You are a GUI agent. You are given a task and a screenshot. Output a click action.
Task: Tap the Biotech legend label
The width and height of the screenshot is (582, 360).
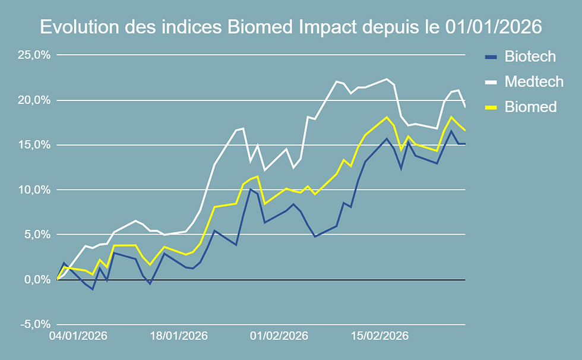pos(530,56)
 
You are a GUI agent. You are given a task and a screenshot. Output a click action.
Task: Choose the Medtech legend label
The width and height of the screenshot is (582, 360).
pos(533,81)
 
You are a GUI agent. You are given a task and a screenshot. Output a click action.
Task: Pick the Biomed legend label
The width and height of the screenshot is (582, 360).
pos(530,107)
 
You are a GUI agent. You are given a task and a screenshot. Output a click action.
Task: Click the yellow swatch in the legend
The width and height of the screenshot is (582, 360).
pos(491,107)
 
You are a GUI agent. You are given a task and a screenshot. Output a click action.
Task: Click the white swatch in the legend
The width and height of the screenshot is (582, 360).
pos(491,82)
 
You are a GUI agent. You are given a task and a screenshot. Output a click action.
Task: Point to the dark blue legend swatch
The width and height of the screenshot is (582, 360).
pos(491,57)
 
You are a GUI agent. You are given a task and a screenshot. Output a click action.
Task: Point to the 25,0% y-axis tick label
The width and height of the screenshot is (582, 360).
pos(33,55)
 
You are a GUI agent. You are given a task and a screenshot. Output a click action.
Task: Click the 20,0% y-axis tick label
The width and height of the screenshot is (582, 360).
pos(33,100)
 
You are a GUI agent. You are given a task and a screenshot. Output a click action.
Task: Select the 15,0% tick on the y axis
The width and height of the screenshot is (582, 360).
pos(33,145)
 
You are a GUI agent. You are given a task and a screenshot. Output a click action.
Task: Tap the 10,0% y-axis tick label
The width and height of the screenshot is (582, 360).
pos(33,190)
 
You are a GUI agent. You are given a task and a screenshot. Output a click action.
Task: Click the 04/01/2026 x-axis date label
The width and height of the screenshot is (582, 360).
pos(78,336)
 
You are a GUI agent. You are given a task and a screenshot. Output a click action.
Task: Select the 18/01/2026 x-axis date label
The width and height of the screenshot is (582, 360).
pos(178,336)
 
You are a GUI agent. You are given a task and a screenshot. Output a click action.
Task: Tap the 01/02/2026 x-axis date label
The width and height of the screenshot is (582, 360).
pos(279,336)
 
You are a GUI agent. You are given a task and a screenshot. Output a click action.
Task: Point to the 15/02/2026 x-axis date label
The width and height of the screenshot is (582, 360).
pos(379,336)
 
